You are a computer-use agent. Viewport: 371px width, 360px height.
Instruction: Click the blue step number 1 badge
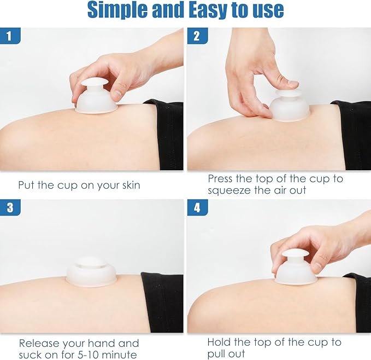[x=10, y=36]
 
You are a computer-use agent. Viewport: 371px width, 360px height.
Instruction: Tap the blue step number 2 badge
[x=197, y=36]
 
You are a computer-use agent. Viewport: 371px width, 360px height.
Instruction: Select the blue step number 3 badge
[x=10, y=207]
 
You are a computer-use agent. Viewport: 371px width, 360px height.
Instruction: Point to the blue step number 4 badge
[x=197, y=207]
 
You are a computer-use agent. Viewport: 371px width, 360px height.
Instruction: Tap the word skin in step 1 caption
[x=131, y=185]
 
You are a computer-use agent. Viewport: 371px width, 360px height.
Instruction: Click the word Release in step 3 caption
[x=39, y=343]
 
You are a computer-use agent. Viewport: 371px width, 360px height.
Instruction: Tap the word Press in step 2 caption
[x=220, y=178]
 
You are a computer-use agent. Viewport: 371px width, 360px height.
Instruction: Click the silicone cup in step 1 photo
[x=96, y=97]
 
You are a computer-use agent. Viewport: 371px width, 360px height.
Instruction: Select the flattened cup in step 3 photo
[x=91, y=272]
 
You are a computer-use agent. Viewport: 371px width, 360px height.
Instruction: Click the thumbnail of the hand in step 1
[x=116, y=92]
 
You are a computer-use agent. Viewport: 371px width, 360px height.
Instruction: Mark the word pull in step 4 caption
[x=214, y=354]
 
